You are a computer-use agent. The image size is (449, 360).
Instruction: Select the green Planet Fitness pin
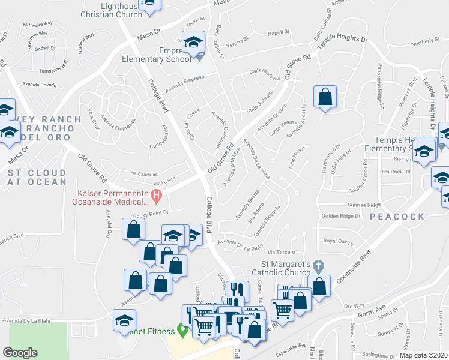(181, 331)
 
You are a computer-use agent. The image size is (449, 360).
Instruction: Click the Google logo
(20, 353)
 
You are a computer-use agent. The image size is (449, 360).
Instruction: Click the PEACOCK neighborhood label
(397, 216)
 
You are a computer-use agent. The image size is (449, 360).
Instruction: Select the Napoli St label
(279, 33)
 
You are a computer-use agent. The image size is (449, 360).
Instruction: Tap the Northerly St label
(426, 41)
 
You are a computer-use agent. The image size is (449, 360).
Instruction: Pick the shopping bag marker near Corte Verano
(325, 97)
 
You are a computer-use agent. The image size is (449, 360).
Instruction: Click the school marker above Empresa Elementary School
(193, 43)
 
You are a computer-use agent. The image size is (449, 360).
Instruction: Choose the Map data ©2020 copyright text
(423, 355)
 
